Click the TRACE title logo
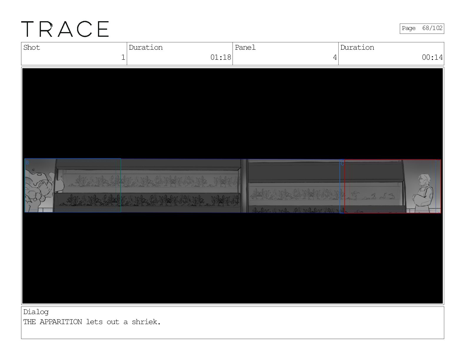coord(65,29)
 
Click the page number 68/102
coord(432,28)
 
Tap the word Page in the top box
coord(409,28)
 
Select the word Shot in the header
coord(31,47)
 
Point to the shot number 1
coord(123,57)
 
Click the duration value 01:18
coord(221,57)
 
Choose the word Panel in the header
coord(245,47)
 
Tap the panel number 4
coord(335,57)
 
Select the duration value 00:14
coord(432,57)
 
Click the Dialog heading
coord(36,312)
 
